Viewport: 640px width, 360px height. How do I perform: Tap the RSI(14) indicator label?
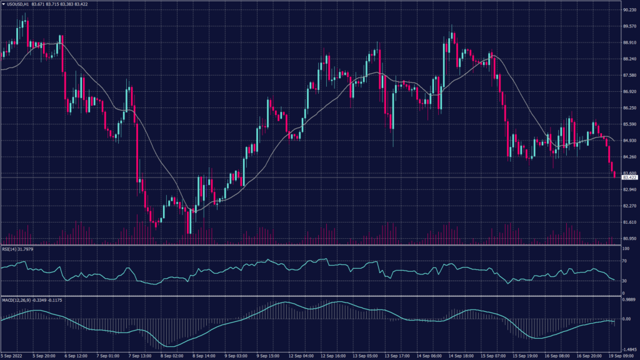pyautogui.click(x=11, y=250)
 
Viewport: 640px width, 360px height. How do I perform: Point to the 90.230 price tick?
pyautogui.click(x=629, y=10)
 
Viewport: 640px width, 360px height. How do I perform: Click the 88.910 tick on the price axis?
pyautogui.click(x=629, y=42)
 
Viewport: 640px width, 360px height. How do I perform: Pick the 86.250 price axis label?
pyautogui.click(x=629, y=108)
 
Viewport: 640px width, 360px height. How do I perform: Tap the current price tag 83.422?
pyautogui.click(x=629, y=177)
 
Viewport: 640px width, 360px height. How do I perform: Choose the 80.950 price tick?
pyautogui.click(x=629, y=239)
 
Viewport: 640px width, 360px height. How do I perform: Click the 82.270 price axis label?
pyautogui.click(x=629, y=206)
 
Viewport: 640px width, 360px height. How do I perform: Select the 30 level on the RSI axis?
pyautogui.click(x=625, y=281)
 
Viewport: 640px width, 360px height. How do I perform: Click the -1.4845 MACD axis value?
pyautogui.click(x=629, y=350)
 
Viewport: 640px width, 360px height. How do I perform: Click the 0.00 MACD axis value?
pyautogui.click(x=627, y=319)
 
